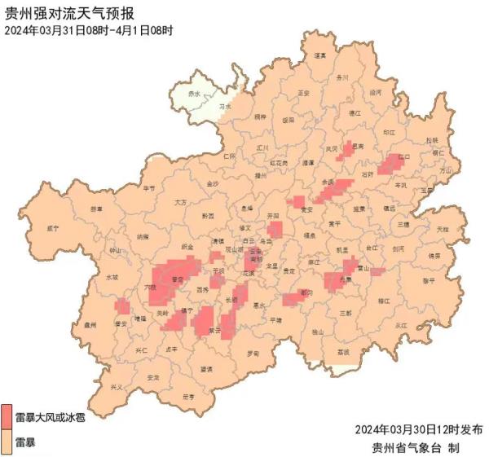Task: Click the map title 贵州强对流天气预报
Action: pos(70,12)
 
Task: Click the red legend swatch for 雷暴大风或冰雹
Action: pos(7,416)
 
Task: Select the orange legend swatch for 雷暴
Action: pos(7,442)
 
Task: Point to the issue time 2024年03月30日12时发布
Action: pos(419,429)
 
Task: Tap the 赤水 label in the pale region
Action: pos(193,94)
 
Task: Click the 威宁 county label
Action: pos(54,228)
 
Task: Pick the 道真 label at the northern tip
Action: pos(319,55)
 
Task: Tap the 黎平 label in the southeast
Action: pos(429,280)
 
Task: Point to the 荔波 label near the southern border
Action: pos(342,352)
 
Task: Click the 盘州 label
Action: pos(90,323)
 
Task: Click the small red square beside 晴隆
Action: pos(122,306)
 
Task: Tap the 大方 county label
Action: pos(180,201)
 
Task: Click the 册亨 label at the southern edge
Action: pos(188,397)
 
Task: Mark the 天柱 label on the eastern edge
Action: pos(442,229)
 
